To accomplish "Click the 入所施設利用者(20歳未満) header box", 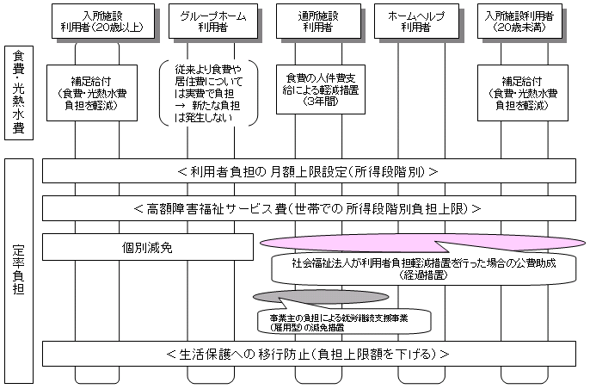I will coord(519,21).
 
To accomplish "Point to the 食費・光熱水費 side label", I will coord(19,92).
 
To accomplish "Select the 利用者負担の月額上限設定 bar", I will coord(307,170).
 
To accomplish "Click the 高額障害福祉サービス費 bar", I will coord(307,208).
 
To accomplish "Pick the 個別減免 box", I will coord(148,247).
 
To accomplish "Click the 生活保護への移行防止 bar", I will coord(307,354).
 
